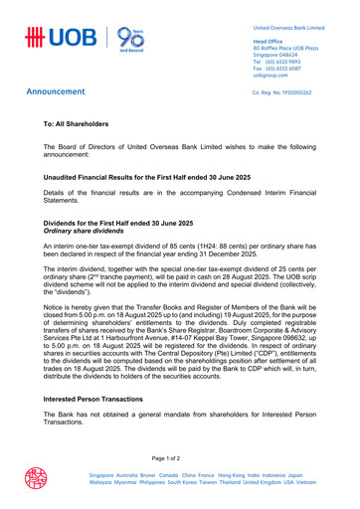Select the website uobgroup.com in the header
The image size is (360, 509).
point(277,75)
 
